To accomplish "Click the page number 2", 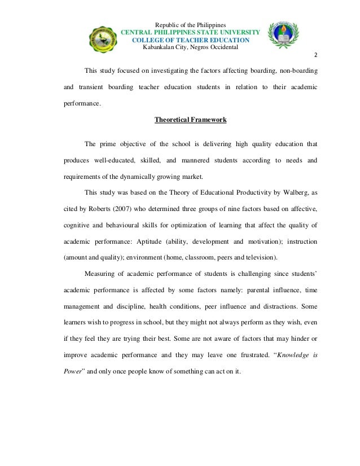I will point(315,56).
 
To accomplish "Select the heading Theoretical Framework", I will point(191,120).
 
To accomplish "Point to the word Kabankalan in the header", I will point(160,47).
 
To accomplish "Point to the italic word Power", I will point(73,372).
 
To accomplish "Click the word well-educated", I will point(117,160).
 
